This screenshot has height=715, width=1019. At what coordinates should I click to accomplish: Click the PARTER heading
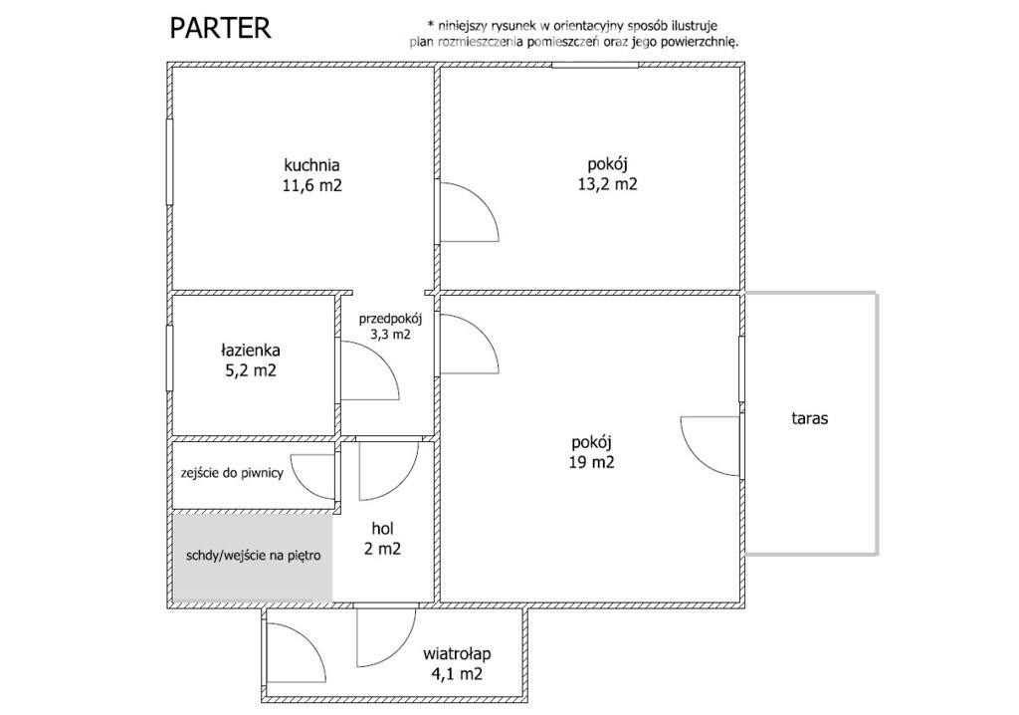click(220, 29)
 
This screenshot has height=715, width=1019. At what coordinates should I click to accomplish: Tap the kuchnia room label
click(311, 164)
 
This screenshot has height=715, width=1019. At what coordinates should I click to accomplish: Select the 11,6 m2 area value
click(311, 185)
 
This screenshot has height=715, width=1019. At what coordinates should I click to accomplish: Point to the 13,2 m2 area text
click(608, 184)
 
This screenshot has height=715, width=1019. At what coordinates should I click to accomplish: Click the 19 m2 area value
click(592, 463)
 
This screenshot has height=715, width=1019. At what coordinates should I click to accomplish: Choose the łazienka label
click(251, 350)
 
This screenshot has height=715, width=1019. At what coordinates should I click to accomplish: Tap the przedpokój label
click(390, 319)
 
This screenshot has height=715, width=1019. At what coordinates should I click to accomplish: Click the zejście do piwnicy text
click(232, 473)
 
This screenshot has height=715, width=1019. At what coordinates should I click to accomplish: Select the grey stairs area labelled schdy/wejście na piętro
click(253, 557)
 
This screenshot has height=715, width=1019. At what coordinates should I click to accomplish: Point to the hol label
click(383, 528)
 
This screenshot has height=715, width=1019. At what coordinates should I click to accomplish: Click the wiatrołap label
click(457, 653)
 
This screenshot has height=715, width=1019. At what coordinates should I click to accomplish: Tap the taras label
click(810, 418)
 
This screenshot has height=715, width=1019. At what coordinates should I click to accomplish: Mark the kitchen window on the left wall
click(169, 162)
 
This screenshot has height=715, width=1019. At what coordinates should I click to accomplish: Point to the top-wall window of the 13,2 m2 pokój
click(595, 65)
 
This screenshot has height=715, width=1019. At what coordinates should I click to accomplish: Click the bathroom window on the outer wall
click(169, 357)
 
